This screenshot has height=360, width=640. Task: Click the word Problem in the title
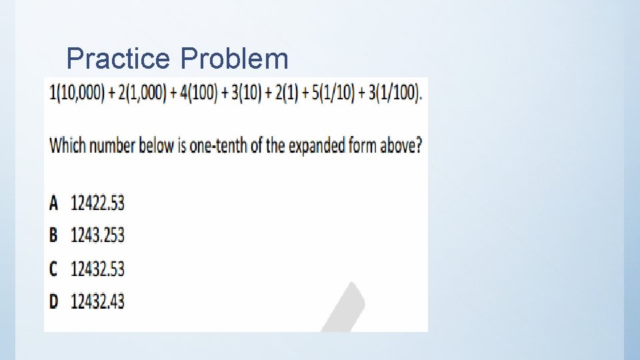[235, 59]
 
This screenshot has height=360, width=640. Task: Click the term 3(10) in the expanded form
[244, 93]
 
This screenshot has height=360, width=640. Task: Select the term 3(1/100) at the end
[389, 93]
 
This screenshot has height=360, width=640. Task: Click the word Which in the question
[67, 145]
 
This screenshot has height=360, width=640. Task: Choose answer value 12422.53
[97, 203]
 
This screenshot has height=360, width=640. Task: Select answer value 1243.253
[97, 235]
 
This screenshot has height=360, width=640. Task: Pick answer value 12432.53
[97, 269]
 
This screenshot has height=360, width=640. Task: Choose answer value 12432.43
[97, 301]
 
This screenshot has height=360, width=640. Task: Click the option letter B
[53, 235]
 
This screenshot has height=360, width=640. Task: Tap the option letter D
[54, 301]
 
